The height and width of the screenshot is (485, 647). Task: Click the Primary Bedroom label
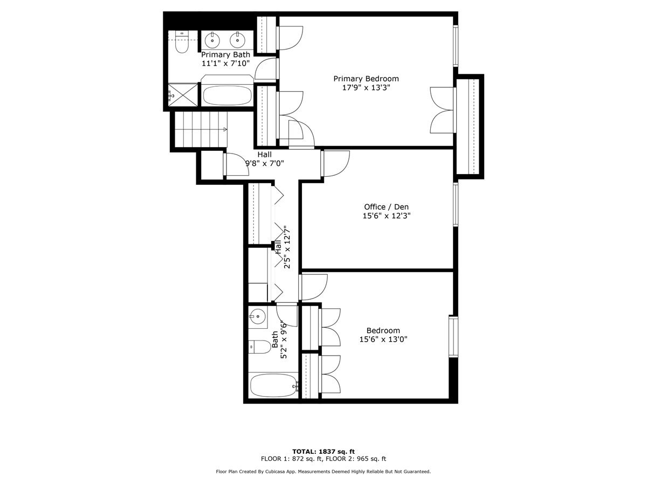click(x=366, y=79)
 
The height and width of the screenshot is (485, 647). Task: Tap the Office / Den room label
click(x=382, y=207)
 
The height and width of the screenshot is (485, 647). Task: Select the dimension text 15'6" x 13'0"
click(x=383, y=339)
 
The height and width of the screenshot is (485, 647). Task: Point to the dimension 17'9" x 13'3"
click(x=366, y=88)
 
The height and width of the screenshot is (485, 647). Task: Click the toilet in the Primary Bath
click(x=181, y=45)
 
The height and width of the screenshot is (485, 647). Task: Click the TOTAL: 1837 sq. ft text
click(x=323, y=452)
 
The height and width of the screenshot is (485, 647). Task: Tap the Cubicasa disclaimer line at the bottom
click(x=323, y=472)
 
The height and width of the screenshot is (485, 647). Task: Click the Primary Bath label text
click(x=225, y=54)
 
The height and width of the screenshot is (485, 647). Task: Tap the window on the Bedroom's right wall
click(x=453, y=336)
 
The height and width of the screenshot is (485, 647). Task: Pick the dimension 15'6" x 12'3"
click(x=382, y=216)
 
